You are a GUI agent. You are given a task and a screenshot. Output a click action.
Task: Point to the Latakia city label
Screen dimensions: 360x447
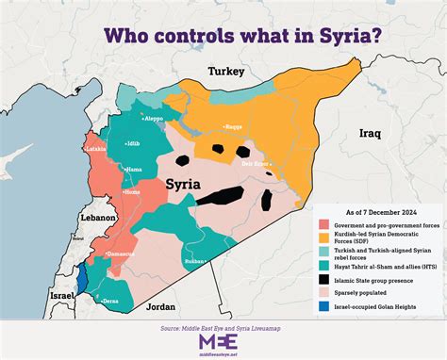95,149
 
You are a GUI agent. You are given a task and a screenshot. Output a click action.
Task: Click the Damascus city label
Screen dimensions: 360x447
120,254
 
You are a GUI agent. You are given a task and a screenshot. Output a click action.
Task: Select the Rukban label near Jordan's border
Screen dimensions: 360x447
195,261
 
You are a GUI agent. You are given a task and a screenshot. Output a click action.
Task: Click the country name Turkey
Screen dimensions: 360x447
226,72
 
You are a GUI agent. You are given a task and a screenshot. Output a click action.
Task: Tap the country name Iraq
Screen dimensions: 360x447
369,135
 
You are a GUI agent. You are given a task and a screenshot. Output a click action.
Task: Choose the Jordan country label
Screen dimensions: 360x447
161,307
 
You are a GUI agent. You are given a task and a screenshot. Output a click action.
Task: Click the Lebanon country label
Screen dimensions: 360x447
97,217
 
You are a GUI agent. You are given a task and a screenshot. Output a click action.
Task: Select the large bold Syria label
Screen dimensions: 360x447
182,184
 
